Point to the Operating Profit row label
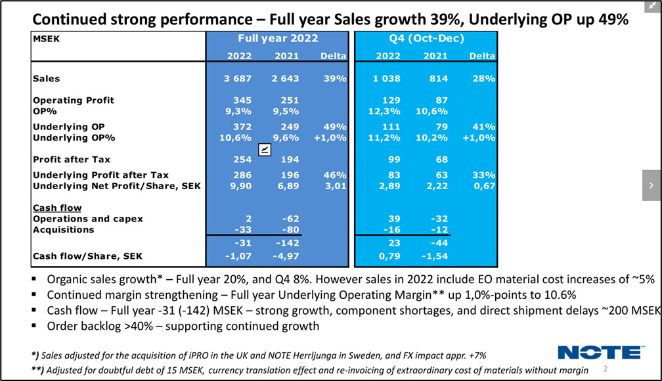pyautogui.click(x=74, y=100)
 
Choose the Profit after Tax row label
pyautogui.click(x=72, y=159)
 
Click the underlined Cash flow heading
pyautogui.click(x=57, y=208)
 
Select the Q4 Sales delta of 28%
pyautogui.click(x=482, y=79)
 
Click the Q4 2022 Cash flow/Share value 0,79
pyautogui.click(x=378, y=256)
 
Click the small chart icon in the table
pyautogui.click(x=264, y=150)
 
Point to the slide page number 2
pyautogui.click(x=605, y=369)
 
